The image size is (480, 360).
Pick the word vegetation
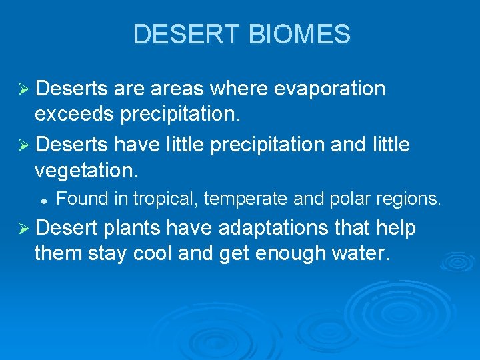(85, 171)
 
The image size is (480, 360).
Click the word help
(396, 229)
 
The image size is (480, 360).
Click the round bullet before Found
(42, 199)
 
